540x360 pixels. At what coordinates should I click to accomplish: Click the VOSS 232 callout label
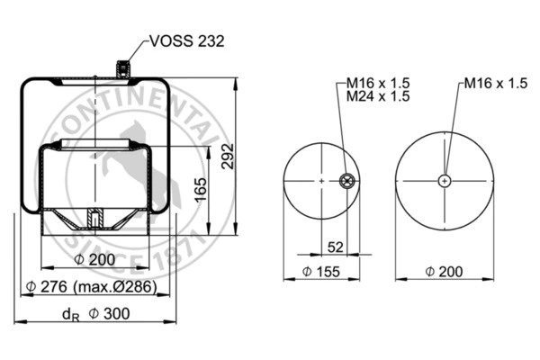(187, 41)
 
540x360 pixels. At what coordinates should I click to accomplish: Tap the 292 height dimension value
(228, 156)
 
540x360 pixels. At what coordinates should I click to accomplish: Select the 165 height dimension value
(201, 190)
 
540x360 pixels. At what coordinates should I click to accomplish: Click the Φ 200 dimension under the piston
(94, 259)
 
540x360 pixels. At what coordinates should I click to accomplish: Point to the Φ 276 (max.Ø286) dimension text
(92, 286)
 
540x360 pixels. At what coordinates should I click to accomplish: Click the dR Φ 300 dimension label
(95, 314)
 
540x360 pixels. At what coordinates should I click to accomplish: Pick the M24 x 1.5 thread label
(378, 96)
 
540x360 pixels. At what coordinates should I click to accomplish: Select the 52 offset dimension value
(335, 247)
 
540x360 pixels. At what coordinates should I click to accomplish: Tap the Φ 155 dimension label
(321, 272)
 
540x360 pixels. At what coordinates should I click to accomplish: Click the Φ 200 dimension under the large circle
(444, 272)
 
